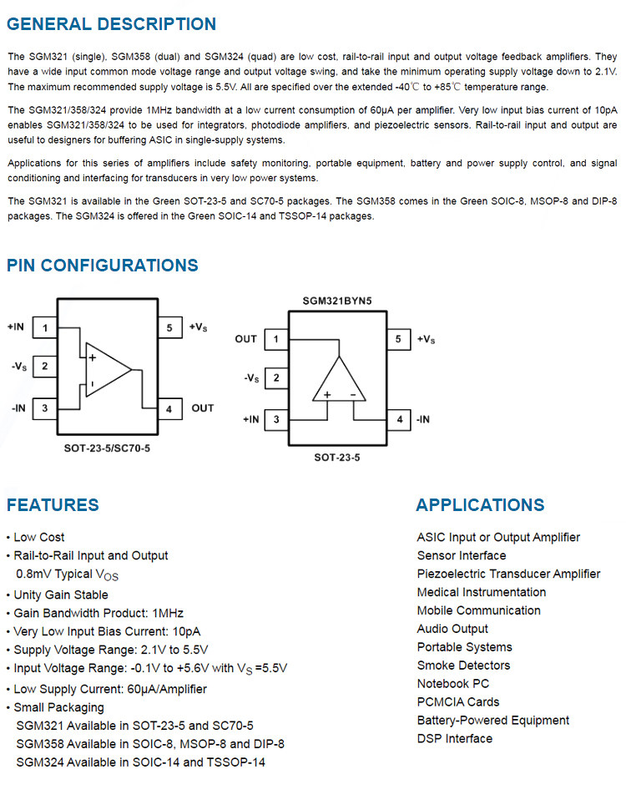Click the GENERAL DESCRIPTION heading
(111, 24)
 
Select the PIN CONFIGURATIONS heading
(103, 266)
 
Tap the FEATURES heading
(53, 504)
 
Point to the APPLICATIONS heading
(480, 504)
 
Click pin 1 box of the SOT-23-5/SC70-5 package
(44, 327)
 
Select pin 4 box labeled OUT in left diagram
(169, 408)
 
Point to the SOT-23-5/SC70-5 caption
(108, 448)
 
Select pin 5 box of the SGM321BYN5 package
(398, 339)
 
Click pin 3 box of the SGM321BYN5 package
(276, 419)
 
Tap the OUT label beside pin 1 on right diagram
(246, 339)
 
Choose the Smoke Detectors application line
(463, 666)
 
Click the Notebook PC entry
(453, 684)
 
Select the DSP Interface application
(455, 738)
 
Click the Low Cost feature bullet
(38, 537)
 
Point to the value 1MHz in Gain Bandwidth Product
(168, 613)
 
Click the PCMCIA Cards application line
(458, 702)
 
